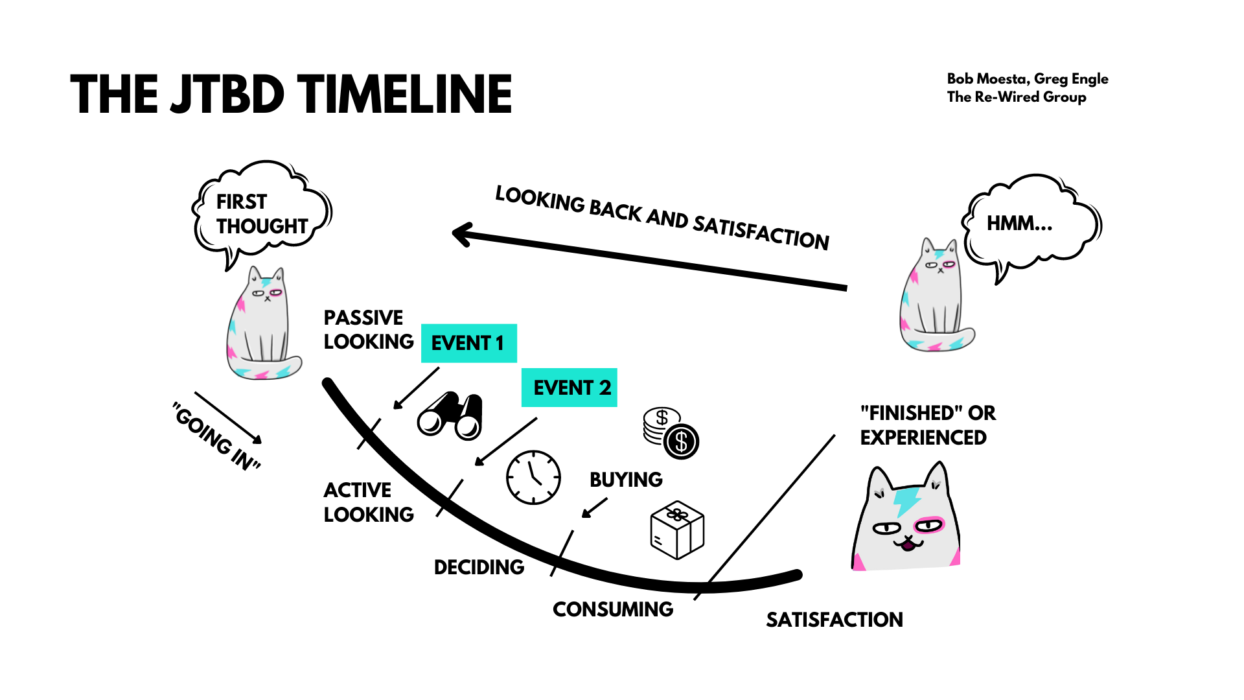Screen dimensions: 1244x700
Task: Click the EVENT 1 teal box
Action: tap(468, 343)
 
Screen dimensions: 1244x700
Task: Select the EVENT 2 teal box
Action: tap(569, 388)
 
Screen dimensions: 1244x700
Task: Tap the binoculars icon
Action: tap(450, 415)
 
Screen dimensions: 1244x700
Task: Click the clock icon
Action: tap(533, 477)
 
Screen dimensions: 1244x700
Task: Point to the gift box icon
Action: tap(677, 530)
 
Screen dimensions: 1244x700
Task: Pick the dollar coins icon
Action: tap(671, 433)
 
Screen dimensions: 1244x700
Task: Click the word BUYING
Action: tap(626, 480)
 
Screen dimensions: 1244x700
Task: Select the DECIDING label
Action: tap(479, 567)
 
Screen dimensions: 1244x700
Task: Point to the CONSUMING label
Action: tap(613, 609)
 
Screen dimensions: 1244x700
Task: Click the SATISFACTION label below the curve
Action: tap(835, 620)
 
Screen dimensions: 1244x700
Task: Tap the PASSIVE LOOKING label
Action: tap(368, 329)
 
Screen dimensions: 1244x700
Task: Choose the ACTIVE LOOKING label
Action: tap(368, 502)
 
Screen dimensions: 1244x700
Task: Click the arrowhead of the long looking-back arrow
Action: tap(461, 234)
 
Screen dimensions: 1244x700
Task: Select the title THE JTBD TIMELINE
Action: tap(291, 95)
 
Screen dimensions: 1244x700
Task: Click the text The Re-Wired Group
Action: tap(1016, 97)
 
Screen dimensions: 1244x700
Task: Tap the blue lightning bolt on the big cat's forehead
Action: tap(907, 500)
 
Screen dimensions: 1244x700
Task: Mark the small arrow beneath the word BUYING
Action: tap(594, 507)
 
